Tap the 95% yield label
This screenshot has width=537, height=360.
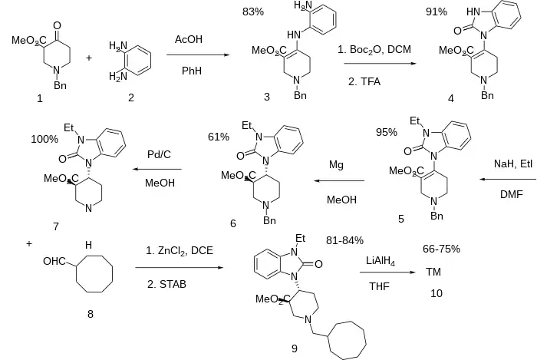386,132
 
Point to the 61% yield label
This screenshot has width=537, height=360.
219,137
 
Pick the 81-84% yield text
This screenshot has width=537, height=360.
344,240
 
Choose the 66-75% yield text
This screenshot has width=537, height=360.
441,249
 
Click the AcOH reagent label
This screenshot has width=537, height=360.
188,38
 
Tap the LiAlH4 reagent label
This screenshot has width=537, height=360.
384,261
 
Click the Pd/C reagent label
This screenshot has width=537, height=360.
159,154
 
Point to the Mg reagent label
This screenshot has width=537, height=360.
336,164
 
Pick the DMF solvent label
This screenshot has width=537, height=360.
511,195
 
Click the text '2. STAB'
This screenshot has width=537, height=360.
167,284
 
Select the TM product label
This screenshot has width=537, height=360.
433,272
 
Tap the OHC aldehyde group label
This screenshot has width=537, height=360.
55,262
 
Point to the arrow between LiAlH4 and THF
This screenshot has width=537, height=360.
383,272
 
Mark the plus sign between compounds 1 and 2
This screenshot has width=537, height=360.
89,56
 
